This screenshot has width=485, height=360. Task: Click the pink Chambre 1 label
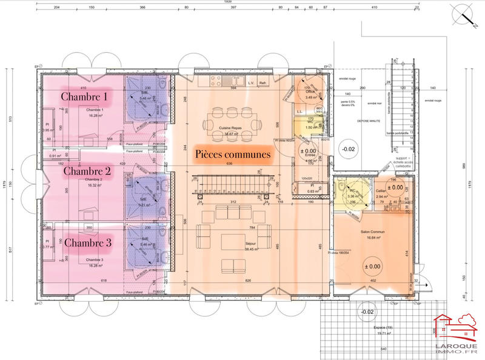coord(84,97)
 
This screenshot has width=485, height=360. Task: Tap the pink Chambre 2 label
coord(87,170)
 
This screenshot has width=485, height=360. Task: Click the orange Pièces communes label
coord(232,154)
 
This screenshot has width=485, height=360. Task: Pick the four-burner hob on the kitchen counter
coord(214,81)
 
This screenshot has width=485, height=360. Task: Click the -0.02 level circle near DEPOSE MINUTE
coord(349,148)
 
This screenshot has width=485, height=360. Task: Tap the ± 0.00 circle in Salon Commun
coord(372,266)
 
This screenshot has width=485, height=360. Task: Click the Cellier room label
coord(381,190)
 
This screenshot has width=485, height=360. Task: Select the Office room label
coord(311,92)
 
